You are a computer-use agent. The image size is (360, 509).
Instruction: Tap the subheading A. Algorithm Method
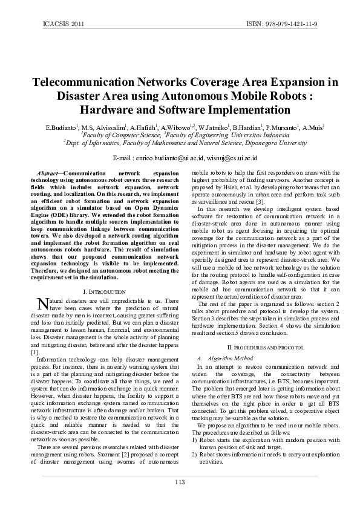point(223,358)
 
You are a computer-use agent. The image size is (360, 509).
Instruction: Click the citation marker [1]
point(34,351)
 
